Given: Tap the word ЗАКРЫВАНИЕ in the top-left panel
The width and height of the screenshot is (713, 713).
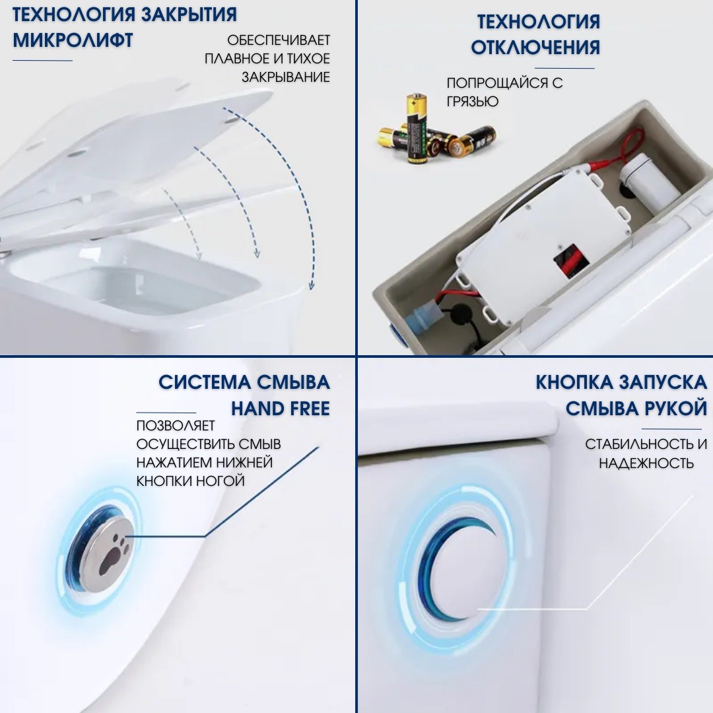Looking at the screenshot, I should coord(285,77).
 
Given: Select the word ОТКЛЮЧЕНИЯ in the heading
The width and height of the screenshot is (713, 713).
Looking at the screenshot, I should coord(535,47).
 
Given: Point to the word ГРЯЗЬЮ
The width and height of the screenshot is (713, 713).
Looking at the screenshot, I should coord(473,102).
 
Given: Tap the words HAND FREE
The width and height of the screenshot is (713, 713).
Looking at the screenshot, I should coord(280,409).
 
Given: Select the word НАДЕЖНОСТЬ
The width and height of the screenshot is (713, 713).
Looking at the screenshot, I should coord(646,463).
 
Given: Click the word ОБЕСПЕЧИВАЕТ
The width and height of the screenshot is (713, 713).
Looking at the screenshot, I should coord(279,41).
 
